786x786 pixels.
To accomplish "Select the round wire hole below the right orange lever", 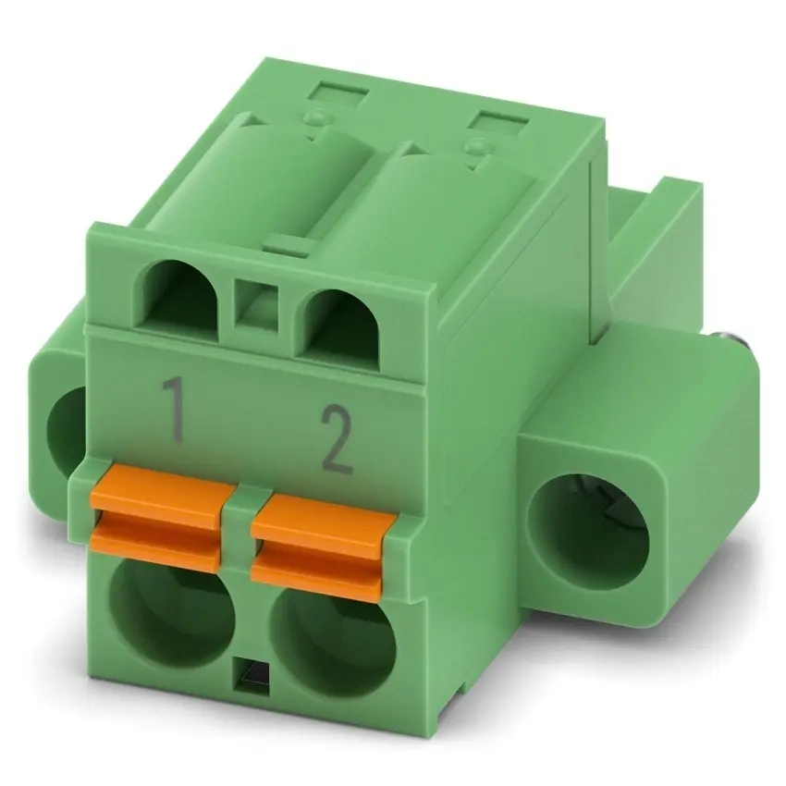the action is click(x=333, y=642).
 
